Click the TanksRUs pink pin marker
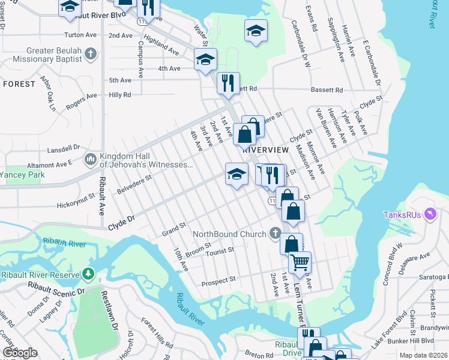[x=429, y=214]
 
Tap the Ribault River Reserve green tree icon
[x=89, y=274]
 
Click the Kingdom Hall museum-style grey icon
[x=91, y=159]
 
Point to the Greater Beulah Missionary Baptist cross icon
[x=90, y=55]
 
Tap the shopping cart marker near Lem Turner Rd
[x=300, y=262]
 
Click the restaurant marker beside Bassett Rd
[x=228, y=83]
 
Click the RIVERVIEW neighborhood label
[x=262, y=149]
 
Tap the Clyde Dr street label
[x=120, y=226]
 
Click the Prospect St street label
[x=218, y=281]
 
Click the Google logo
[x=20, y=353]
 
